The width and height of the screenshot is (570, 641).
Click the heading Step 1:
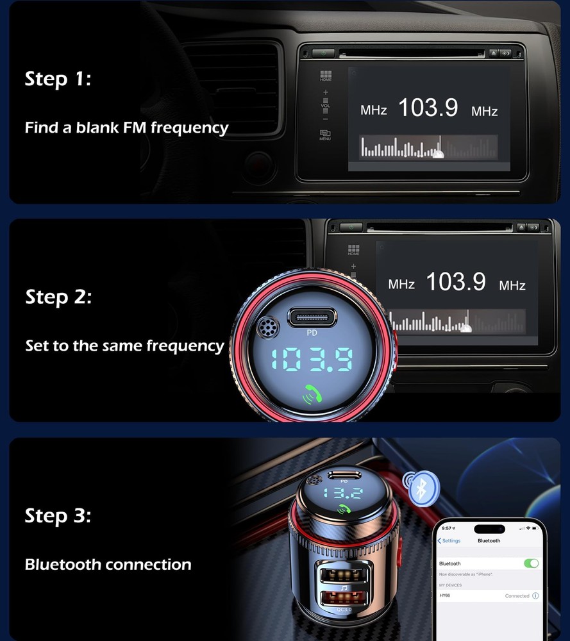[58, 79]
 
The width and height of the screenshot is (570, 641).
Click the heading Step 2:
[58, 297]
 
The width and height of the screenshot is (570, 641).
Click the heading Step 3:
[58, 516]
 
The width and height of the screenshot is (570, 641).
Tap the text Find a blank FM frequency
[126, 128]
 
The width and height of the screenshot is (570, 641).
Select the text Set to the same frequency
[124, 346]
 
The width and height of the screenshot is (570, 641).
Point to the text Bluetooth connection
[108, 565]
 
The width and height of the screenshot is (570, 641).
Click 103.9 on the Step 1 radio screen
[428, 108]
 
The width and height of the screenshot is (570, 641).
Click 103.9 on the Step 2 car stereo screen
[456, 281]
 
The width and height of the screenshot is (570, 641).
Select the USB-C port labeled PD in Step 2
[314, 317]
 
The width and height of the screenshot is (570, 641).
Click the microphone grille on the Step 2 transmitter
[263, 329]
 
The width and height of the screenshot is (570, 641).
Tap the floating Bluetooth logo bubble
[420, 488]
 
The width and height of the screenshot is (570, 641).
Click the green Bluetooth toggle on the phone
[531, 563]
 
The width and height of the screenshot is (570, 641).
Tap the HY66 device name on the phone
[445, 595]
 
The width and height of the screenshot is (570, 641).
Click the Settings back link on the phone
[449, 541]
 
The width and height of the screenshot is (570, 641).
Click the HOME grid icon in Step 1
[326, 75]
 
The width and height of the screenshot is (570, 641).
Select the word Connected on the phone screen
[517, 596]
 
